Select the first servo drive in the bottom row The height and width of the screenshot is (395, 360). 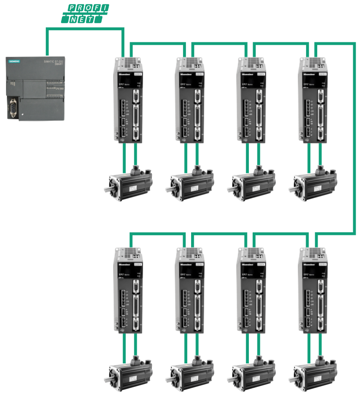(127, 290)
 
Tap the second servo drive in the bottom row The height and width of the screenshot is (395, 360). (189, 290)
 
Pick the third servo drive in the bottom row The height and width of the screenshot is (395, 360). (250, 290)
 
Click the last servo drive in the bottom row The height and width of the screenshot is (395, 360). (312, 290)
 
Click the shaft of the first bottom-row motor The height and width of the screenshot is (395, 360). (108, 378)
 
